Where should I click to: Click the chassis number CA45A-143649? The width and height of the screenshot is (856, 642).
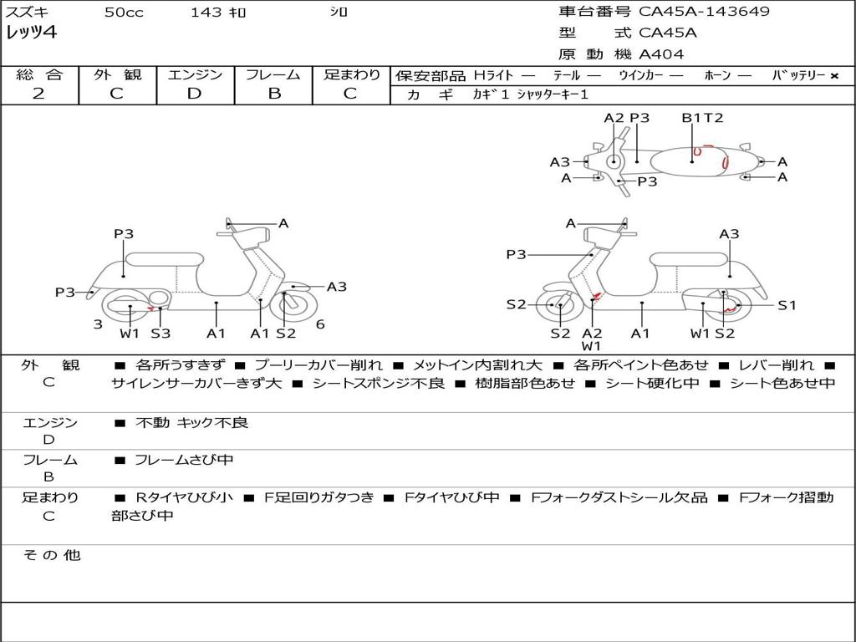point(704,12)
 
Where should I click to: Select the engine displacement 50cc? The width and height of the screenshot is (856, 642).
point(124,13)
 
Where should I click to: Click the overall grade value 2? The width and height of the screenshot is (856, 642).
point(38,94)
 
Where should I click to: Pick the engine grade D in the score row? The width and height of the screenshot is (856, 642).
point(194,94)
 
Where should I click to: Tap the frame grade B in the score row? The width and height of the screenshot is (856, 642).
point(273,94)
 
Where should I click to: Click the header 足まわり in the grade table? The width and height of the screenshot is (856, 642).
point(351,75)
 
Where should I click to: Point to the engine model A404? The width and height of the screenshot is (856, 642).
point(661,54)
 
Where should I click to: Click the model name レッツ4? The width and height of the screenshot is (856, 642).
point(31,33)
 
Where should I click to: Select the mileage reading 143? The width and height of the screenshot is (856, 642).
point(206,13)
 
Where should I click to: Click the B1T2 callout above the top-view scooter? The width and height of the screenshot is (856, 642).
point(701,118)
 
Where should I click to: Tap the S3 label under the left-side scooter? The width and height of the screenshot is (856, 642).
point(160,334)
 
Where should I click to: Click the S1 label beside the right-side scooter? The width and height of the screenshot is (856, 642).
point(787,305)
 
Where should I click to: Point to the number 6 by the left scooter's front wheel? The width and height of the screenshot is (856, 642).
point(320,324)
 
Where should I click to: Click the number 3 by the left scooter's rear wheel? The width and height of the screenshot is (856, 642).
point(98,324)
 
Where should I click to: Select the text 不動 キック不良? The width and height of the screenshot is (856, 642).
point(191,423)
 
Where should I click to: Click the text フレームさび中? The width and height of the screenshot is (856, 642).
point(184,460)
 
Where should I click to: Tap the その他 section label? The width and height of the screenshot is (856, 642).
point(51,555)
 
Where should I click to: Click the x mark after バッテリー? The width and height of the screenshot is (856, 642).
point(833,76)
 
